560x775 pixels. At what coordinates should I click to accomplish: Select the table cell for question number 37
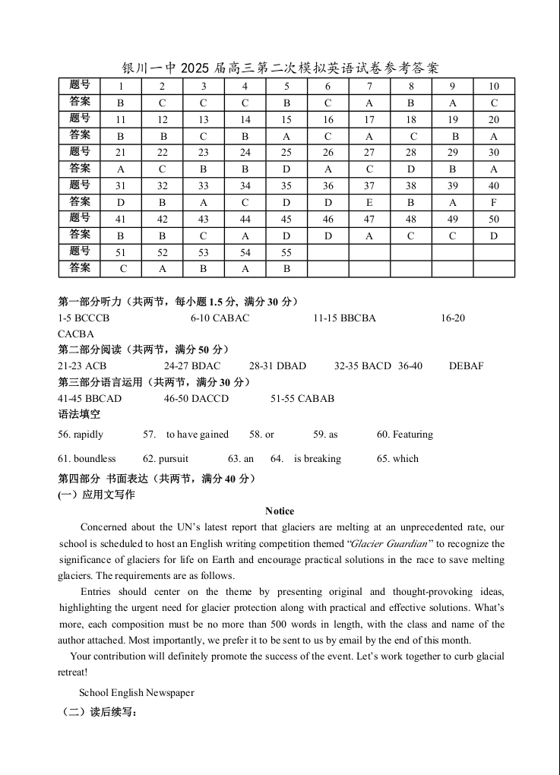point(369,186)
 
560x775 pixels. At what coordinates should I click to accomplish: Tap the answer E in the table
point(369,203)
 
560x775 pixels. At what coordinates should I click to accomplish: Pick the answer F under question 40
point(494,203)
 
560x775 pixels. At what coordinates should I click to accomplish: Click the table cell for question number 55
point(286,252)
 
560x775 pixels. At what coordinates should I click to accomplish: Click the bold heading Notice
point(280,511)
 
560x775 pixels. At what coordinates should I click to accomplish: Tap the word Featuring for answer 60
point(413,435)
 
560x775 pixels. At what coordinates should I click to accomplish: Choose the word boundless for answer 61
point(94,458)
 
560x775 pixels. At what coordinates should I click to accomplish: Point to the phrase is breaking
point(318,458)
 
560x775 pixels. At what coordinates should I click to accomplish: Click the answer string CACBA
point(76,334)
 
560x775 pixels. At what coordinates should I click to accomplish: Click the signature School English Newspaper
point(137,692)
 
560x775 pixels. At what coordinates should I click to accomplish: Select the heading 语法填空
point(79,414)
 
